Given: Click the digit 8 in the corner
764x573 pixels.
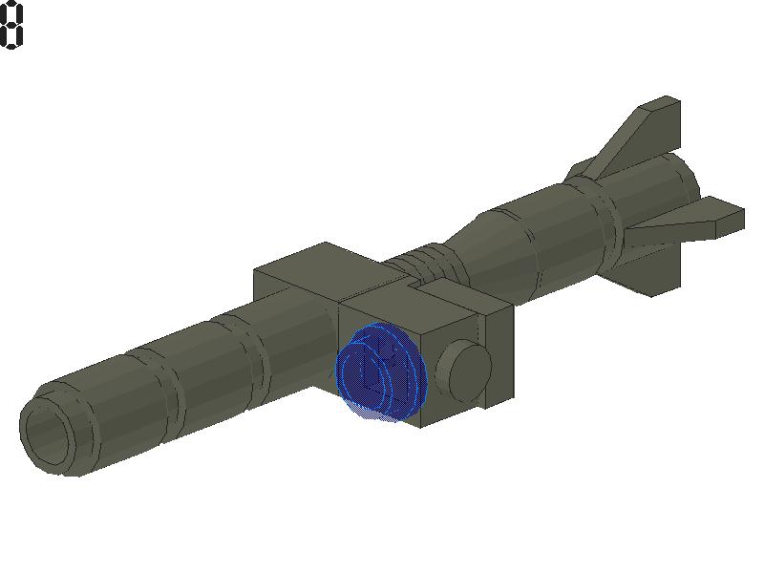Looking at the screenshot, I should click(11, 25).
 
